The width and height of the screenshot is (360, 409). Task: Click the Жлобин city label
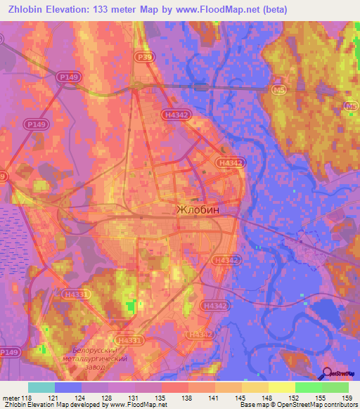pyautogui.click(x=198, y=209)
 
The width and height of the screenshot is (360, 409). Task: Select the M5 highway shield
pyautogui.click(x=279, y=89)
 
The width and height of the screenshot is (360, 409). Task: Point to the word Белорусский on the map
pyautogui.click(x=103, y=349)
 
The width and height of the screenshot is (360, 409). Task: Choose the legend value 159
pyautogui.click(x=347, y=397)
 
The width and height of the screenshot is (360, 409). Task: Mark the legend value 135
pyautogui.click(x=161, y=397)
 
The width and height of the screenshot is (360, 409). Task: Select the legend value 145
pyautogui.click(x=240, y=397)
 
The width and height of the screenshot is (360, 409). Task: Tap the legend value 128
pyautogui.click(x=108, y=397)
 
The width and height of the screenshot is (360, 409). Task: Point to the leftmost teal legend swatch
pyautogui.click(x=41, y=387)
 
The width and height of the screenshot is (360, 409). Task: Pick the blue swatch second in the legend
pyautogui.click(x=68, y=387)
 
